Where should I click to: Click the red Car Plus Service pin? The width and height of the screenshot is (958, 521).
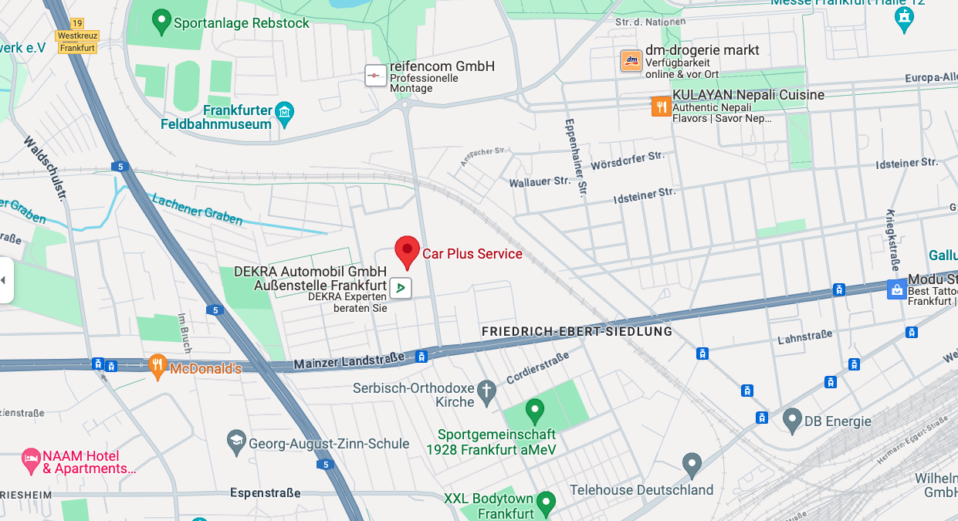tap(407, 251)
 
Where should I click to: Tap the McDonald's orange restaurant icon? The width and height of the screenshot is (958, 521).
tap(157, 367)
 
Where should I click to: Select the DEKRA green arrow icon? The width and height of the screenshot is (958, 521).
tap(400, 288)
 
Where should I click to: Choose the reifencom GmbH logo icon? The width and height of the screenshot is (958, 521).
tap(375, 76)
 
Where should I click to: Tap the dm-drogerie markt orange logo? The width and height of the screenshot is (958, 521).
tap(631, 60)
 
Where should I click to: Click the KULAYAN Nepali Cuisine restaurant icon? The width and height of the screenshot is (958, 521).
tap(661, 106)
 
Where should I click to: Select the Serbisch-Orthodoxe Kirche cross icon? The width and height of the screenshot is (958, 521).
tap(486, 392)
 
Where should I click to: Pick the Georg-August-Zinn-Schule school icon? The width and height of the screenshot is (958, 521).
tap(237, 442)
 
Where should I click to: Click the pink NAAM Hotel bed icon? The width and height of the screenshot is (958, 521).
tap(31, 462)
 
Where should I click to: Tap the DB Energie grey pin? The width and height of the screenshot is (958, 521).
tap(791, 420)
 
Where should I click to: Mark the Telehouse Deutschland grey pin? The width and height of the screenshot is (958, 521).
tap(692, 464)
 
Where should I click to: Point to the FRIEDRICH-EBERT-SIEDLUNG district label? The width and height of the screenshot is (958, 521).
tap(577, 331)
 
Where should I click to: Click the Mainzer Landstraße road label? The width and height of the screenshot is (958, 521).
tap(349, 360)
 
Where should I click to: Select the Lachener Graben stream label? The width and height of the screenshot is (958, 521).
tap(197, 208)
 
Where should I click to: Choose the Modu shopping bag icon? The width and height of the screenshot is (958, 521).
tap(896, 289)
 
